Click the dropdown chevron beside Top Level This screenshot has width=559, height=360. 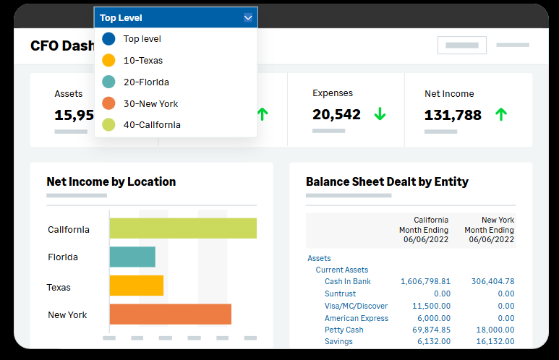click(248, 18)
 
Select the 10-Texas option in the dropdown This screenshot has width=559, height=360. click(142, 61)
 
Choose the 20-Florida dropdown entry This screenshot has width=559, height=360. click(146, 82)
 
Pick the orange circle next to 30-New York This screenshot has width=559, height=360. click(108, 103)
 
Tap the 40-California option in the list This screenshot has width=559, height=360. click(152, 125)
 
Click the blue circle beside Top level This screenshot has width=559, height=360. click(108, 39)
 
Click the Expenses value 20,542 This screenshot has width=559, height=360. click(336, 114)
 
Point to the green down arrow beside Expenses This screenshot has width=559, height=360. click(380, 114)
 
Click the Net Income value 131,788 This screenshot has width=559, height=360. click(453, 115)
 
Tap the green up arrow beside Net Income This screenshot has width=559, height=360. click(501, 114)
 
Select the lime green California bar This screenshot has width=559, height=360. click(183, 228)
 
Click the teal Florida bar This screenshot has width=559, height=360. click(132, 257)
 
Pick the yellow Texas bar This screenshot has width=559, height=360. click(137, 286)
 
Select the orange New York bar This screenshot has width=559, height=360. click(170, 314)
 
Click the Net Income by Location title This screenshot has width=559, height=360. click(111, 181)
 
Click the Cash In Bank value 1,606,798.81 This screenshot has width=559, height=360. click(425, 281)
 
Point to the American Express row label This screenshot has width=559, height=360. click(357, 318)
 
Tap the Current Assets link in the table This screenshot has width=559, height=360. click(341, 270)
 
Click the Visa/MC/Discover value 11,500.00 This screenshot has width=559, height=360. click(431, 306)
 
